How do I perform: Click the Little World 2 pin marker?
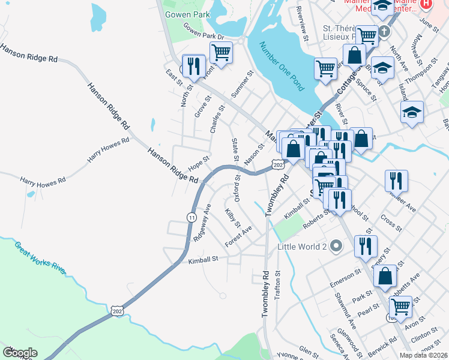click(336, 246)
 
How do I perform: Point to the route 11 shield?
click(191, 217)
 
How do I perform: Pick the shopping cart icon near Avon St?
click(400, 307)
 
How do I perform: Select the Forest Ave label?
click(238, 236)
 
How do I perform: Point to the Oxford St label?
click(237, 188)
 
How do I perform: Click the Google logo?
click(20, 353)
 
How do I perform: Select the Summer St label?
click(243, 85)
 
